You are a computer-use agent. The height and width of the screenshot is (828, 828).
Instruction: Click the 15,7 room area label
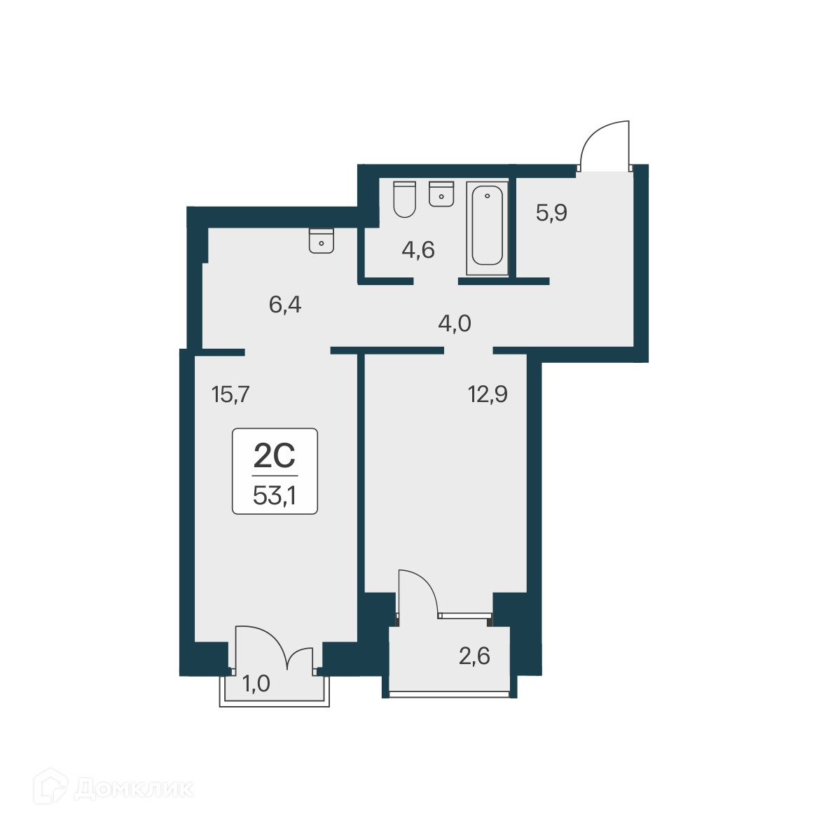click(230, 395)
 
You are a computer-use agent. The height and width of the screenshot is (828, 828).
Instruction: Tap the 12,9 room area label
click(488, 394)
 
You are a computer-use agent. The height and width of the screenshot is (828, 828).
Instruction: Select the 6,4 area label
click(285, 305)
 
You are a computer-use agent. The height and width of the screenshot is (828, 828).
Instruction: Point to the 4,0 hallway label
click(454, 324)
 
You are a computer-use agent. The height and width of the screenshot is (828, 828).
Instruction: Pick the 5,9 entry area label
click(551, 212)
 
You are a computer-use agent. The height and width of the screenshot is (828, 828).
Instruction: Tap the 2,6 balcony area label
click(474, 656)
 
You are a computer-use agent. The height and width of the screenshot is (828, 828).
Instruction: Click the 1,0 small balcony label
click(256, 683)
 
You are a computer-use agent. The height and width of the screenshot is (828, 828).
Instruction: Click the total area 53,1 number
click(275, 496)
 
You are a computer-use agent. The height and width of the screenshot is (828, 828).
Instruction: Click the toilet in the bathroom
click(404, 199)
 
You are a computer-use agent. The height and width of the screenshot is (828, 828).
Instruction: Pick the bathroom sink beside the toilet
click(441, 194)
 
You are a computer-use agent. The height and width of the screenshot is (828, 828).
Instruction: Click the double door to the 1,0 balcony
click(275, 648)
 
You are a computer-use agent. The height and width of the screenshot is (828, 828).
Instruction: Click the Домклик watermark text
click(133, 789)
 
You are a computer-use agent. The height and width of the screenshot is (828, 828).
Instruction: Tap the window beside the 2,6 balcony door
click(464, 616)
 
